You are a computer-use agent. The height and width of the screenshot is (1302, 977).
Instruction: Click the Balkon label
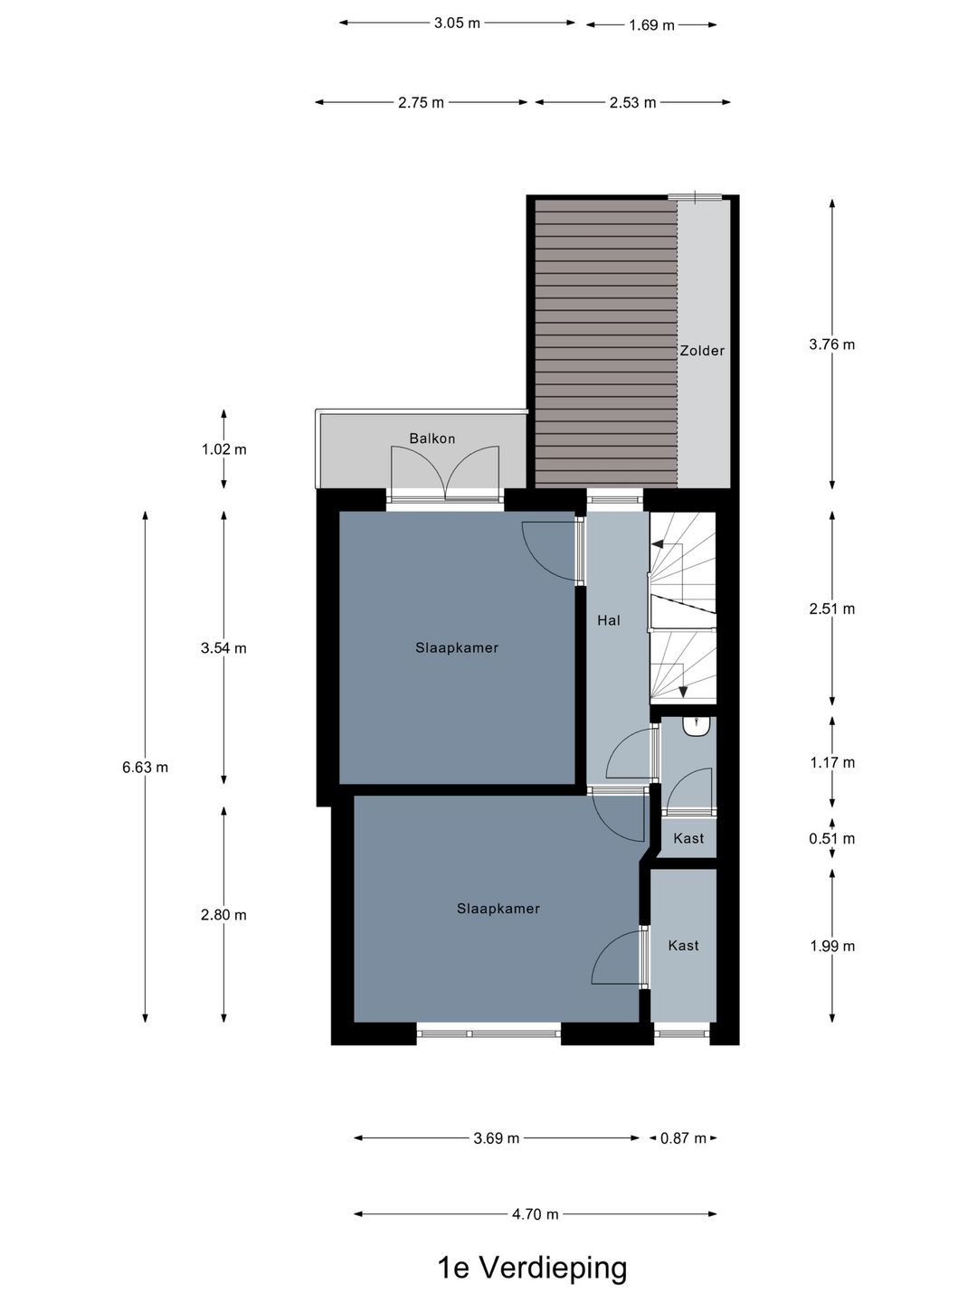click(x=432, y=439)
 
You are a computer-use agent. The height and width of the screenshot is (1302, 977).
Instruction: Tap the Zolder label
click(x=702, y=350)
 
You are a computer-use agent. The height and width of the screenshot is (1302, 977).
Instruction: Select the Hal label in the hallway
click(x=609, y=620)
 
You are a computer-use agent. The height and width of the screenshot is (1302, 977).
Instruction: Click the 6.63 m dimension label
click(x=145, y=768)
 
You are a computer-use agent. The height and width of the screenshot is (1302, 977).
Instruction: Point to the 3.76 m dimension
click(x=831, y=344)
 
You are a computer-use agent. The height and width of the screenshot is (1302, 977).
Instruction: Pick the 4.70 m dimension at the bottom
click(x=535, y=1213)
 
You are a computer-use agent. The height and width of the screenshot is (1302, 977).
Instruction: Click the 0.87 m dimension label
click(x=683, y=1138)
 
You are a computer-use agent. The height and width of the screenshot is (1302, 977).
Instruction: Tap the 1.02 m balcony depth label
click(x=223, y=449)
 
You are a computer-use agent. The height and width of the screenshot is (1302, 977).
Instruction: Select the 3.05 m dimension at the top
click(x=457, y=23)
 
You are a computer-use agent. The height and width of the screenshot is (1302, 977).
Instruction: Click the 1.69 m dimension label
click(x=651, y=25)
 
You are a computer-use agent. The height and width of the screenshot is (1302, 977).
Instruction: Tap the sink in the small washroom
click(x=696, y=726)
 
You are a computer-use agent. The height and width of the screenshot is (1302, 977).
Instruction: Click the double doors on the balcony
click(x=444, y=473)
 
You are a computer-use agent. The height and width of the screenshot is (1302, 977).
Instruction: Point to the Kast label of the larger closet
click(x=683, y=946)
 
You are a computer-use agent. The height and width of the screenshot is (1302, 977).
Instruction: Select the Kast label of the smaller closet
click(x=688, y=838)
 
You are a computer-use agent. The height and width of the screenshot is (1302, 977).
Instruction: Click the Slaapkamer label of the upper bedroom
click(x=457, y=647)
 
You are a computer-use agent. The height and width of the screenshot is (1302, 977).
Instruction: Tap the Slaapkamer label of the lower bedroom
click(x=498, y=909)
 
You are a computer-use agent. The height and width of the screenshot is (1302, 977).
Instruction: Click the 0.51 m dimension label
click(x=831, y=838)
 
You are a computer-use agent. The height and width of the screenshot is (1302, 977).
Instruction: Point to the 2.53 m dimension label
click(x=632, y=103)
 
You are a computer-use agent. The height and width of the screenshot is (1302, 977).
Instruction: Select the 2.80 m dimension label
click(x=223, y=915)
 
